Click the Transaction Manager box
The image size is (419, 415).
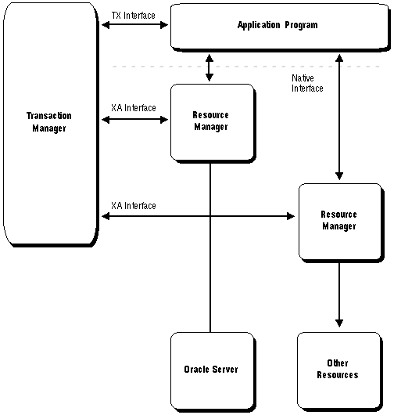(x=51, y=125)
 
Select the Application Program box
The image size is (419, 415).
(x=281, y=27)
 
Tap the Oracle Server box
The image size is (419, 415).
(x=213, y=372)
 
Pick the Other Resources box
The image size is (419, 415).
(x=340, y=372)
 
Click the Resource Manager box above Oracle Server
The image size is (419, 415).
(x=213, y=124)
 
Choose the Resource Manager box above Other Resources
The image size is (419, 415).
(x=342, y=222)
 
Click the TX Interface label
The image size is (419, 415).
(x=134, y=16)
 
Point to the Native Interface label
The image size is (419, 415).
(x=307, y=83)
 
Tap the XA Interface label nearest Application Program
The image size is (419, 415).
(x=134, y=108)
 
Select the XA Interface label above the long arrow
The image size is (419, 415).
(x=134, y=206)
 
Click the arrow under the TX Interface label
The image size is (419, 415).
(x=135, y=25)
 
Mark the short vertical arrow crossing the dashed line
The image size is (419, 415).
(x=209, y=68)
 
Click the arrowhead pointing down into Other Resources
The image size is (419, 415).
(x=339, y=323)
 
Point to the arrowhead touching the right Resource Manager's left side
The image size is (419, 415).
(x=291, y=216)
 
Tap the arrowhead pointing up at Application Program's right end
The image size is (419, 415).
(x=339, y=58)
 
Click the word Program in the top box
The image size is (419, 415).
(x=301, y=25)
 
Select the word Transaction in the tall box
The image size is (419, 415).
(x=49, y=116)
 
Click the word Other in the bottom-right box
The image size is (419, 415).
(x=338, y=363)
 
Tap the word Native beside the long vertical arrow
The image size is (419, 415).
(x=303, y=78)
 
